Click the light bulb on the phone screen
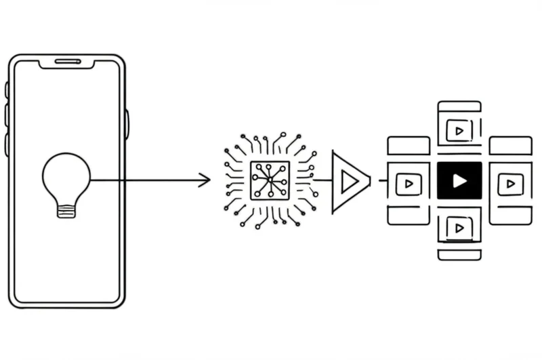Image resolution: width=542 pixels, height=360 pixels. (x=66, y=178)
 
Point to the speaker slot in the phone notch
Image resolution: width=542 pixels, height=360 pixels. (x=68, y=62)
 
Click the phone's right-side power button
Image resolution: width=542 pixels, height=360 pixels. (x=127, y=124)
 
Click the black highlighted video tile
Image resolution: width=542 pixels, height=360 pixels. (x=459, y=180)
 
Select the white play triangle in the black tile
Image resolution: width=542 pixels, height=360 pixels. (x=460, y=180)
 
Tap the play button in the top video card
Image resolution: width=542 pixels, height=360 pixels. (x=459, y=130)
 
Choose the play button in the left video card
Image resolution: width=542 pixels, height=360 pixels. (x=409, y=183)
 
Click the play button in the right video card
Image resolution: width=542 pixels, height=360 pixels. (x=510, y=183)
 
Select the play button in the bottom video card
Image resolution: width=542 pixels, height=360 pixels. (x=459, y=228)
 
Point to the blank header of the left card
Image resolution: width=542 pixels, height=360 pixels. (x=409, y=145)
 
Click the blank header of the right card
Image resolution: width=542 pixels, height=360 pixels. (x=510, y=145)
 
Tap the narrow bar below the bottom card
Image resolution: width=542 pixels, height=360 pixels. (x=459, y=255)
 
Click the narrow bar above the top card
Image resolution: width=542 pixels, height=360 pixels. (x=459, y=106)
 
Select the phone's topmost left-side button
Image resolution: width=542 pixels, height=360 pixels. (x=7, y=89)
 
